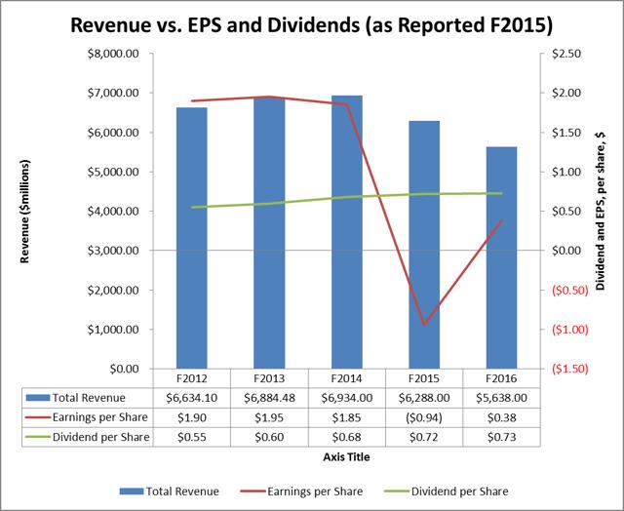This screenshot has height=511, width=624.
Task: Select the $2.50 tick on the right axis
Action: [564, 54]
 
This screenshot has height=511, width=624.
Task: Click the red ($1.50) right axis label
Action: [566, 369]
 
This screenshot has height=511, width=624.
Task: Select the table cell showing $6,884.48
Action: [270, 398]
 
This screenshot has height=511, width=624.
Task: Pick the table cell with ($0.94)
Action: [424, 417]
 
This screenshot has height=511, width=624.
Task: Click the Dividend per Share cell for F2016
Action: [501, 437]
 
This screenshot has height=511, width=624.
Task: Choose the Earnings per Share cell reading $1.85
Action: [347, 417]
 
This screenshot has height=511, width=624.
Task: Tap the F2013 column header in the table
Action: [270, 378]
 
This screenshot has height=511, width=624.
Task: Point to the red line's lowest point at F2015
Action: [424, 324]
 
